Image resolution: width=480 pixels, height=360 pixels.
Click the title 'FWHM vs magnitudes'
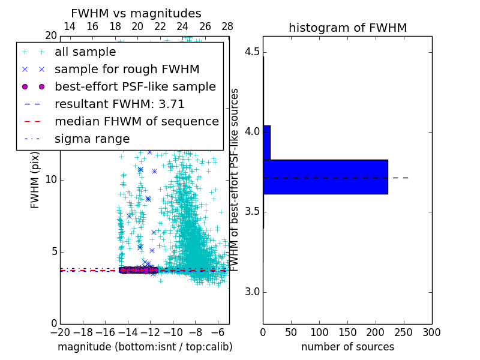136,13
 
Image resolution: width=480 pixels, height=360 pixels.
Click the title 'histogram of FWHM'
347,28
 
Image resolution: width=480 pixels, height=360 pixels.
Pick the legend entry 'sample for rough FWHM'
127,69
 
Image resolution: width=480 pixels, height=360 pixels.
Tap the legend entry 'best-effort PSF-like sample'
135,86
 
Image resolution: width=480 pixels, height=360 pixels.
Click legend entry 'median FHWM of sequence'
136,121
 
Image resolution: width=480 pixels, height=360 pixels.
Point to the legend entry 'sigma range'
92,139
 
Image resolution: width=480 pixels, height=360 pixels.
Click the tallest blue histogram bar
325,176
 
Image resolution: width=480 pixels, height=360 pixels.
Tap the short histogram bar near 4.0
266,142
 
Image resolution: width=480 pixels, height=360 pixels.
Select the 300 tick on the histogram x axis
431,332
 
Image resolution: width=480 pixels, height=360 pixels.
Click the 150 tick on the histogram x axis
347,332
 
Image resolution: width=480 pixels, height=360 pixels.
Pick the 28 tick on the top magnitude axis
227,26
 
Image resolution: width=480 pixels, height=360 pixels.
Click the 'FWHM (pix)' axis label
35,180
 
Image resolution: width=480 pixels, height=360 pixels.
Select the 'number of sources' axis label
347,347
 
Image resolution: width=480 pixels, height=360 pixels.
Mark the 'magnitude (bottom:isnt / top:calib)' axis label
145,347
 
